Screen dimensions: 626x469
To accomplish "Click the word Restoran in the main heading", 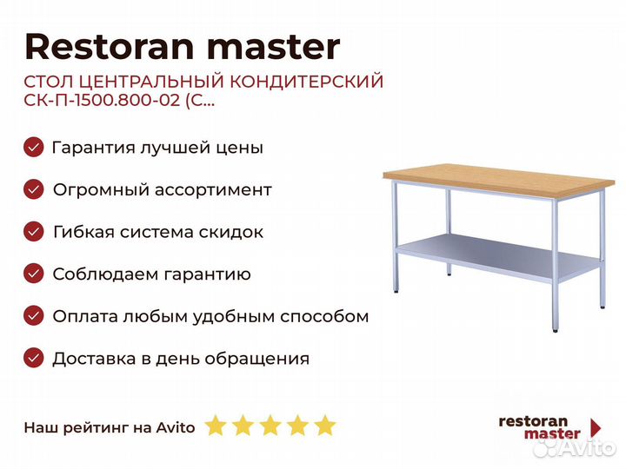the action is (x=110, y=47).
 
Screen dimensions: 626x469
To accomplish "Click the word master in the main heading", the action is (x=274, y=47).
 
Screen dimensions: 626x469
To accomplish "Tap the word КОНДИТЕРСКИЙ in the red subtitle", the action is (x=307, y=82).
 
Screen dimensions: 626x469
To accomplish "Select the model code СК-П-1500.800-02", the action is (x=103, y=100).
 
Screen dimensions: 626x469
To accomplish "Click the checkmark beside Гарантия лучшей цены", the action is (x=34, y=147).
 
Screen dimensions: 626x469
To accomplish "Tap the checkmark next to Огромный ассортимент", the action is (x=34, y=189).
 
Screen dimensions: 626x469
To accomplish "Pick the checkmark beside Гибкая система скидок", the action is (x=34, y=232).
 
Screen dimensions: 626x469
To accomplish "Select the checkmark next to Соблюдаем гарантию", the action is (x=34, y=274).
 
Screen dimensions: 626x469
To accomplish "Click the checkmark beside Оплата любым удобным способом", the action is (x=34, y=316).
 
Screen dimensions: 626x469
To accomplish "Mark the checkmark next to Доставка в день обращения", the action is (x=34, y=358).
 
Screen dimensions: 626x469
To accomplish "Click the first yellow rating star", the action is (x=216, y=426).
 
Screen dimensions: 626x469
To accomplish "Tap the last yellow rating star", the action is (x=325, y=426).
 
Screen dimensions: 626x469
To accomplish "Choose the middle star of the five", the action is (x=270, y=426).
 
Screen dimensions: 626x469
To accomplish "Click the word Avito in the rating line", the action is (x=176, y=427).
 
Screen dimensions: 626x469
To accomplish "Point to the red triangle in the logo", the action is (x=596, y=427).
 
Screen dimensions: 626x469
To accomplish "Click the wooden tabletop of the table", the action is (x=499, y=181).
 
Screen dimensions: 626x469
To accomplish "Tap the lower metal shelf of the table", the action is (x=499, y=255).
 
